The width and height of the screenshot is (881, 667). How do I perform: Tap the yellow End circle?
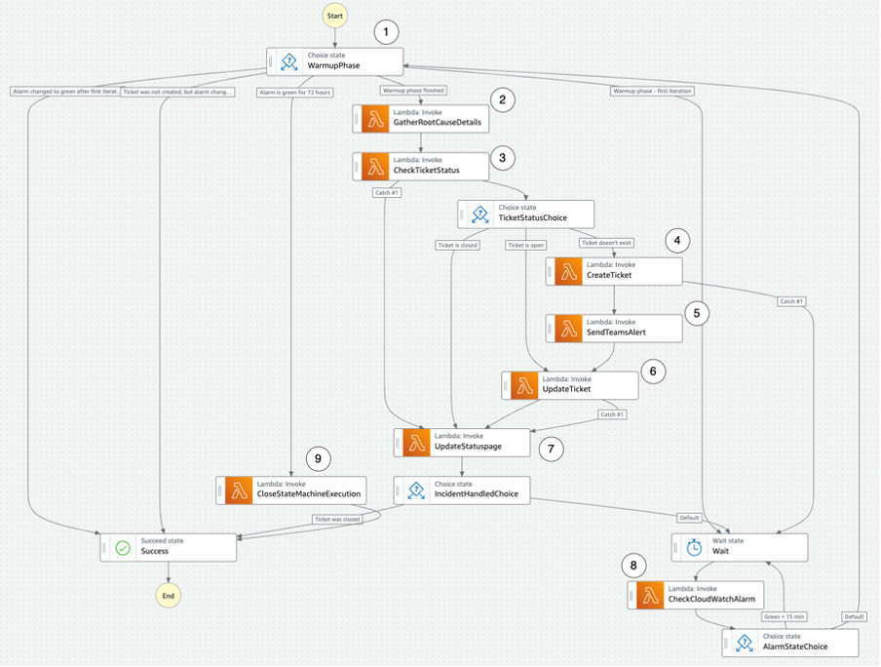point(169,594)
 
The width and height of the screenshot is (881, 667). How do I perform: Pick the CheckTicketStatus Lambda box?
point(419,166)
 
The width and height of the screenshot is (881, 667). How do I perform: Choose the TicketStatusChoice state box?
point(526,214)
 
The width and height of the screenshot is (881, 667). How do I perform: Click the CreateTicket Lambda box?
point(614,270)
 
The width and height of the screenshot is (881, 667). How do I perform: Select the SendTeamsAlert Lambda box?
point(614,328)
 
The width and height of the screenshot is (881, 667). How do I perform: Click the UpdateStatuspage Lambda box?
point(462,442)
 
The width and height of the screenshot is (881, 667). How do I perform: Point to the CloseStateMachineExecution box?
point(293,490)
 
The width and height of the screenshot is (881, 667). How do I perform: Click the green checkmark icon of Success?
point(123,547)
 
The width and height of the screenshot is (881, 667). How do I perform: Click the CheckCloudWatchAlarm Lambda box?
point(696,595)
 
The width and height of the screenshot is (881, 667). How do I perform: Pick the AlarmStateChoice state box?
point(790,643)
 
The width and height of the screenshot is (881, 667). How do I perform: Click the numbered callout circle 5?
point(696,313)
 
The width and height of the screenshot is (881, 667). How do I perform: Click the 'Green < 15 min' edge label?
point(785,615)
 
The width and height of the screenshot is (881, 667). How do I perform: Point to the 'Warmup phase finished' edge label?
point(413,91)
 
